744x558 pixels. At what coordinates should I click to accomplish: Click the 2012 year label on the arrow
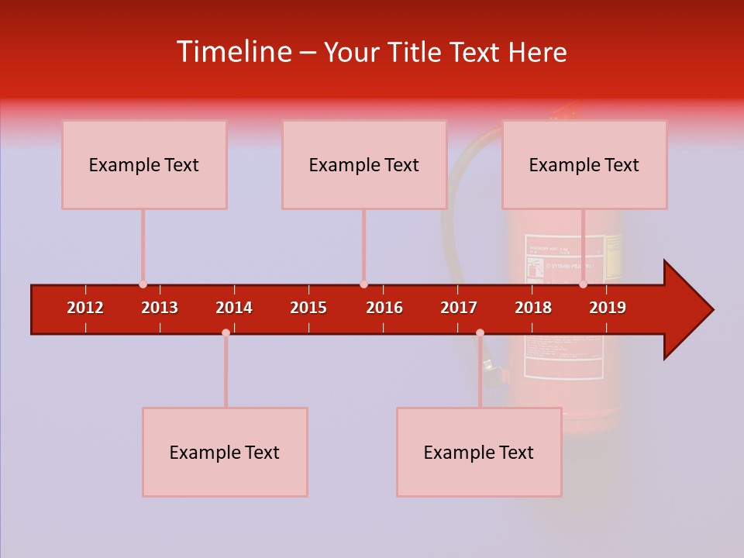click(85, 308)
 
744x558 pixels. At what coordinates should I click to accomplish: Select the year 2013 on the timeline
click(160, 308)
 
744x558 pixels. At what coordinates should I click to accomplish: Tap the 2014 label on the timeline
click(234, 308)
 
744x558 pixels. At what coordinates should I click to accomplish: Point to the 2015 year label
click(308, 308)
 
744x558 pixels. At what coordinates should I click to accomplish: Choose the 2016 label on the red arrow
click(384, 308)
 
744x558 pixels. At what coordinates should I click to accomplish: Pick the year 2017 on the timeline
click(459, 308)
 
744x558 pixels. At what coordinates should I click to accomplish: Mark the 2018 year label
click(533, 308)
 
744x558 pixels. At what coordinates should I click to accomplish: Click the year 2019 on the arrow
click(608, 308)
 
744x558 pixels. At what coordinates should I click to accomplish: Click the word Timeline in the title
click(232, 52)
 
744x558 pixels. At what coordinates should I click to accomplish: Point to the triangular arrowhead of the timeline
click(687, 310)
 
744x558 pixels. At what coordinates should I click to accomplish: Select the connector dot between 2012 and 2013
click(143, 284)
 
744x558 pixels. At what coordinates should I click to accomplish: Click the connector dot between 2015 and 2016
click(363, 284)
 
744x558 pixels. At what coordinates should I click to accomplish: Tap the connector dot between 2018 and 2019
click(583, 284)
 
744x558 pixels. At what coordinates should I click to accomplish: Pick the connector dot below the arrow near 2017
click(480, 333)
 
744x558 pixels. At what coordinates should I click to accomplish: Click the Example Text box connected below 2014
click(225, 452)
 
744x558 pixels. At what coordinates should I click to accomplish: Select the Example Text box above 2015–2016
click(364, 164)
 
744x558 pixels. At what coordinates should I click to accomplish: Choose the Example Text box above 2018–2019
click(584, 164)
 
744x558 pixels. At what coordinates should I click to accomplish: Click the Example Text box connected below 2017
click(479, 452)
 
